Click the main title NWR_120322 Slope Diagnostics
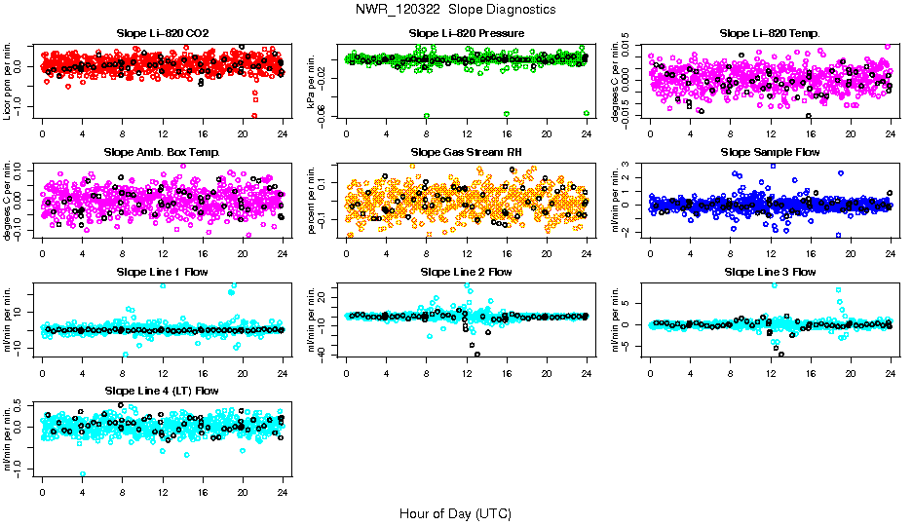(x=456, y=9)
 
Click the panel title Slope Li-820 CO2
(x=162, y=34)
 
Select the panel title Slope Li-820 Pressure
(x=466, y=34)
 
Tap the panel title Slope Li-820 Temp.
(x=770, y=34)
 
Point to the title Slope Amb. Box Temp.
(x=162, y=153)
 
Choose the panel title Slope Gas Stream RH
(x=466, y=153)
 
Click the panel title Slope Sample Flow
(x=770, y=153)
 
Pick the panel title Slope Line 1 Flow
(x=162, y=272)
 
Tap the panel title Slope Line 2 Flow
(x=466, y=272)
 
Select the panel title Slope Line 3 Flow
(x=770, y=272)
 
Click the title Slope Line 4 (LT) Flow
(x=162, y=391)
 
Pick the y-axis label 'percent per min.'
(x=312, y=201)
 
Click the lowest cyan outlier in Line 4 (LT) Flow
(x=82, y=474)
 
